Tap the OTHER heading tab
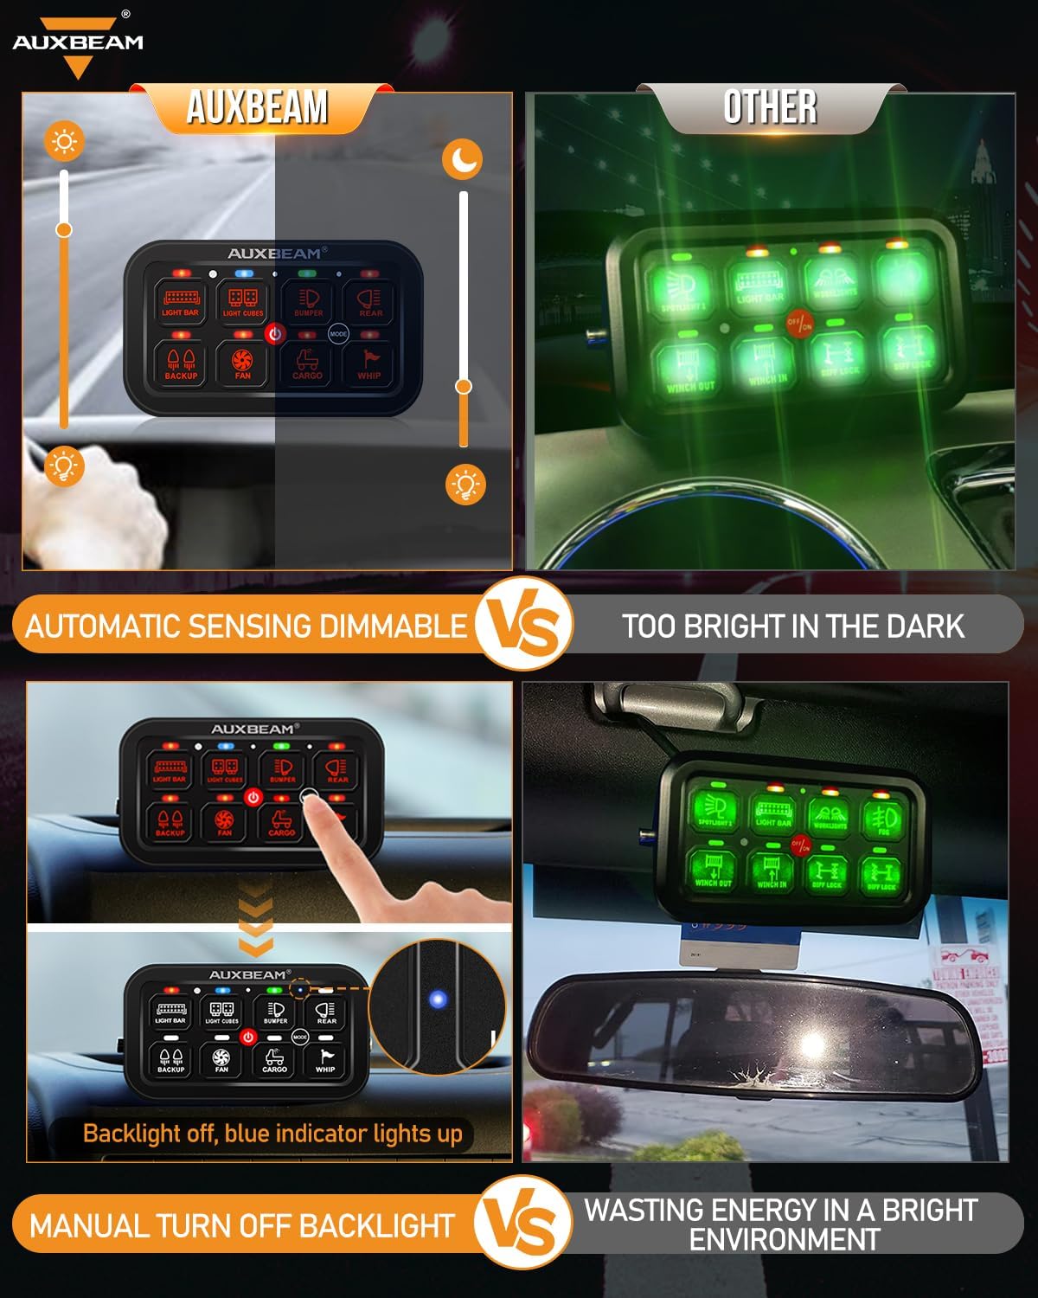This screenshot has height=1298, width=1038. coord(770,108)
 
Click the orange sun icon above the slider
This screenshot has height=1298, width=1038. coord(65,140)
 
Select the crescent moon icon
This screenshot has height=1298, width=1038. coord(463,160)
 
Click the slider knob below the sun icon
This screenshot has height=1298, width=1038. coord(64,230)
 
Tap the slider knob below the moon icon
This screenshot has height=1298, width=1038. coord(464,386)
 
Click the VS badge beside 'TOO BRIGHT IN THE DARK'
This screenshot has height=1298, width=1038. coord(524,625)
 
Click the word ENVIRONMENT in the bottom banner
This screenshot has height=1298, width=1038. coord(784,1239)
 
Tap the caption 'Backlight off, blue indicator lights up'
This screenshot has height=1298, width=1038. coord(272,1134)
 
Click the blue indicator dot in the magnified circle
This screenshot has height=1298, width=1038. coord(438,1000)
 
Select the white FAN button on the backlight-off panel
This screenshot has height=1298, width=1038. coord(221,1058)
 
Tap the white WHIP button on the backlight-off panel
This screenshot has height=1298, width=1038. coord(325,1058)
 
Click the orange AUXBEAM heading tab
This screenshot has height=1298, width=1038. coord(257,108)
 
